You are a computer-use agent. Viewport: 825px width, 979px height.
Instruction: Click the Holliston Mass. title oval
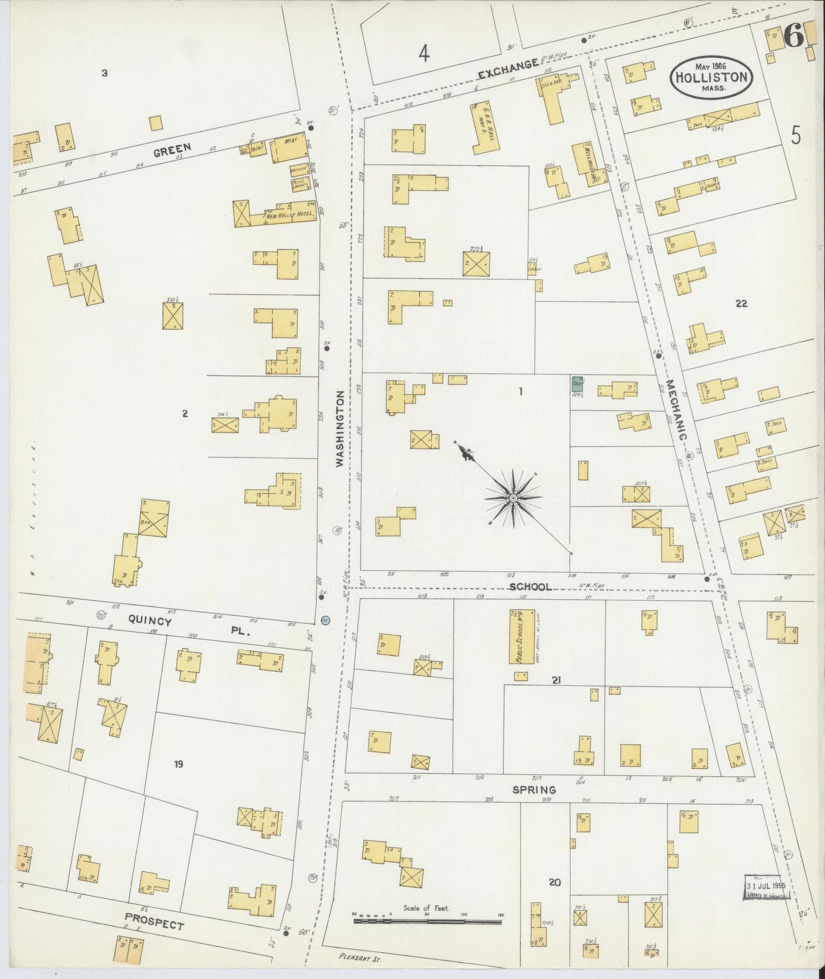tap(711, 75)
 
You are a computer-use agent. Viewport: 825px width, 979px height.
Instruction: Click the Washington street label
tap(341, 429)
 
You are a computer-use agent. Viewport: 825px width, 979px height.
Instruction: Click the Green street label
tap(172, 150)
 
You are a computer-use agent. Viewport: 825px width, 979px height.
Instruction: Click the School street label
tap(531, 587)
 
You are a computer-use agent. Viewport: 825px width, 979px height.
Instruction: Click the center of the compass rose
tap(513, 498)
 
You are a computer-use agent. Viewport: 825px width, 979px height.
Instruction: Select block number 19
tap(179, 764)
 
